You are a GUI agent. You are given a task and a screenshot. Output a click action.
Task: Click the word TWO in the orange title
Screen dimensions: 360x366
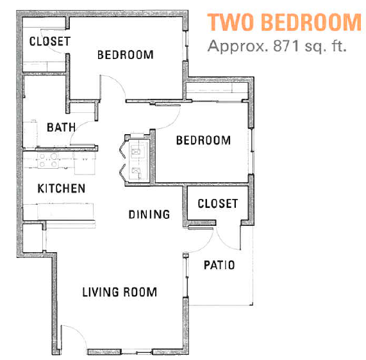[x=229, y=22]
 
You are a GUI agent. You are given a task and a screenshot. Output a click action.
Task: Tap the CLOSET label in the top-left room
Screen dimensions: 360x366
[x=49, y=41]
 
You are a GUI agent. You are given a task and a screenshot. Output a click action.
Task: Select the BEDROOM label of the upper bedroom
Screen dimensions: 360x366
[x=125, y=55]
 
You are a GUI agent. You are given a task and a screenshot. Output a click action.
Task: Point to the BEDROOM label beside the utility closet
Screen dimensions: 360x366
[x=203, y=140]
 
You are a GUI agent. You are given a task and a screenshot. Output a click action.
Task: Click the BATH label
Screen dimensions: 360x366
[x=61, y=127]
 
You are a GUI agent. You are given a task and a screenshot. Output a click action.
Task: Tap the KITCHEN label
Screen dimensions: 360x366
[x=61, y=189]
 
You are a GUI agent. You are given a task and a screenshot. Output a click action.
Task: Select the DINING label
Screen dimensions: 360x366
[x=149, y=214]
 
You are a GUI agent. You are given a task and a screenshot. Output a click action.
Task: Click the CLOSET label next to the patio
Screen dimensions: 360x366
[x=217, y=203]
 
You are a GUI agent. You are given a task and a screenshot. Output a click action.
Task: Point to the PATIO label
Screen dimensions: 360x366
[x=219, y=264]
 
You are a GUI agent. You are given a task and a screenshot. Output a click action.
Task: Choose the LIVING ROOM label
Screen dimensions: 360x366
[x=119, y=292]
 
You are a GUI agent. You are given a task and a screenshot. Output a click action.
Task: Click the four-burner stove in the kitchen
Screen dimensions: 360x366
[x=47, y=160]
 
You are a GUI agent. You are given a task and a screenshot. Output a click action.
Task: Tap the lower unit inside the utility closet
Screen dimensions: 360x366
[x=136, y=171]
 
